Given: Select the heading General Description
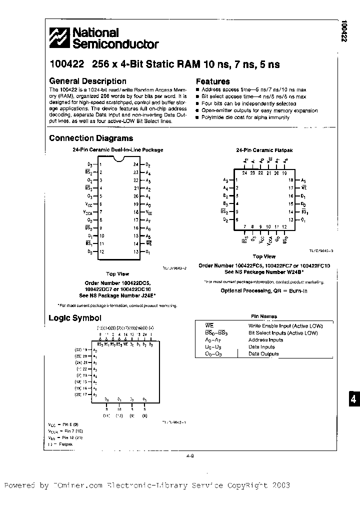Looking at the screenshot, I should tap(87, 81).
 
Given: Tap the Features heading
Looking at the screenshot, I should tap(212, 81).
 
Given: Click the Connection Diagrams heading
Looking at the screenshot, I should tap(91, 138).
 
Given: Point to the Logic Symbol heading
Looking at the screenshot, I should tap(74, 318).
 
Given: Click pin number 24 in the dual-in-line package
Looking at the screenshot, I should tap(135, 164).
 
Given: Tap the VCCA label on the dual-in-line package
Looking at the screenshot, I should tap(88, 212).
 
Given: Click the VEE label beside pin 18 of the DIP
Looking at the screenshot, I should tap(148, 212).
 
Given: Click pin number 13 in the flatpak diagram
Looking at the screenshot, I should tap(291, 220).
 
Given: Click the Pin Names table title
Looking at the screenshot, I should tap(263, 316).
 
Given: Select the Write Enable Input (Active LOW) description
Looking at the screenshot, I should tap(282, 325).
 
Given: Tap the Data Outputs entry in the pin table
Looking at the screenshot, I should tap(263, 353).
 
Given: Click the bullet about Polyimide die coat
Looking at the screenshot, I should tap(245, 117).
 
